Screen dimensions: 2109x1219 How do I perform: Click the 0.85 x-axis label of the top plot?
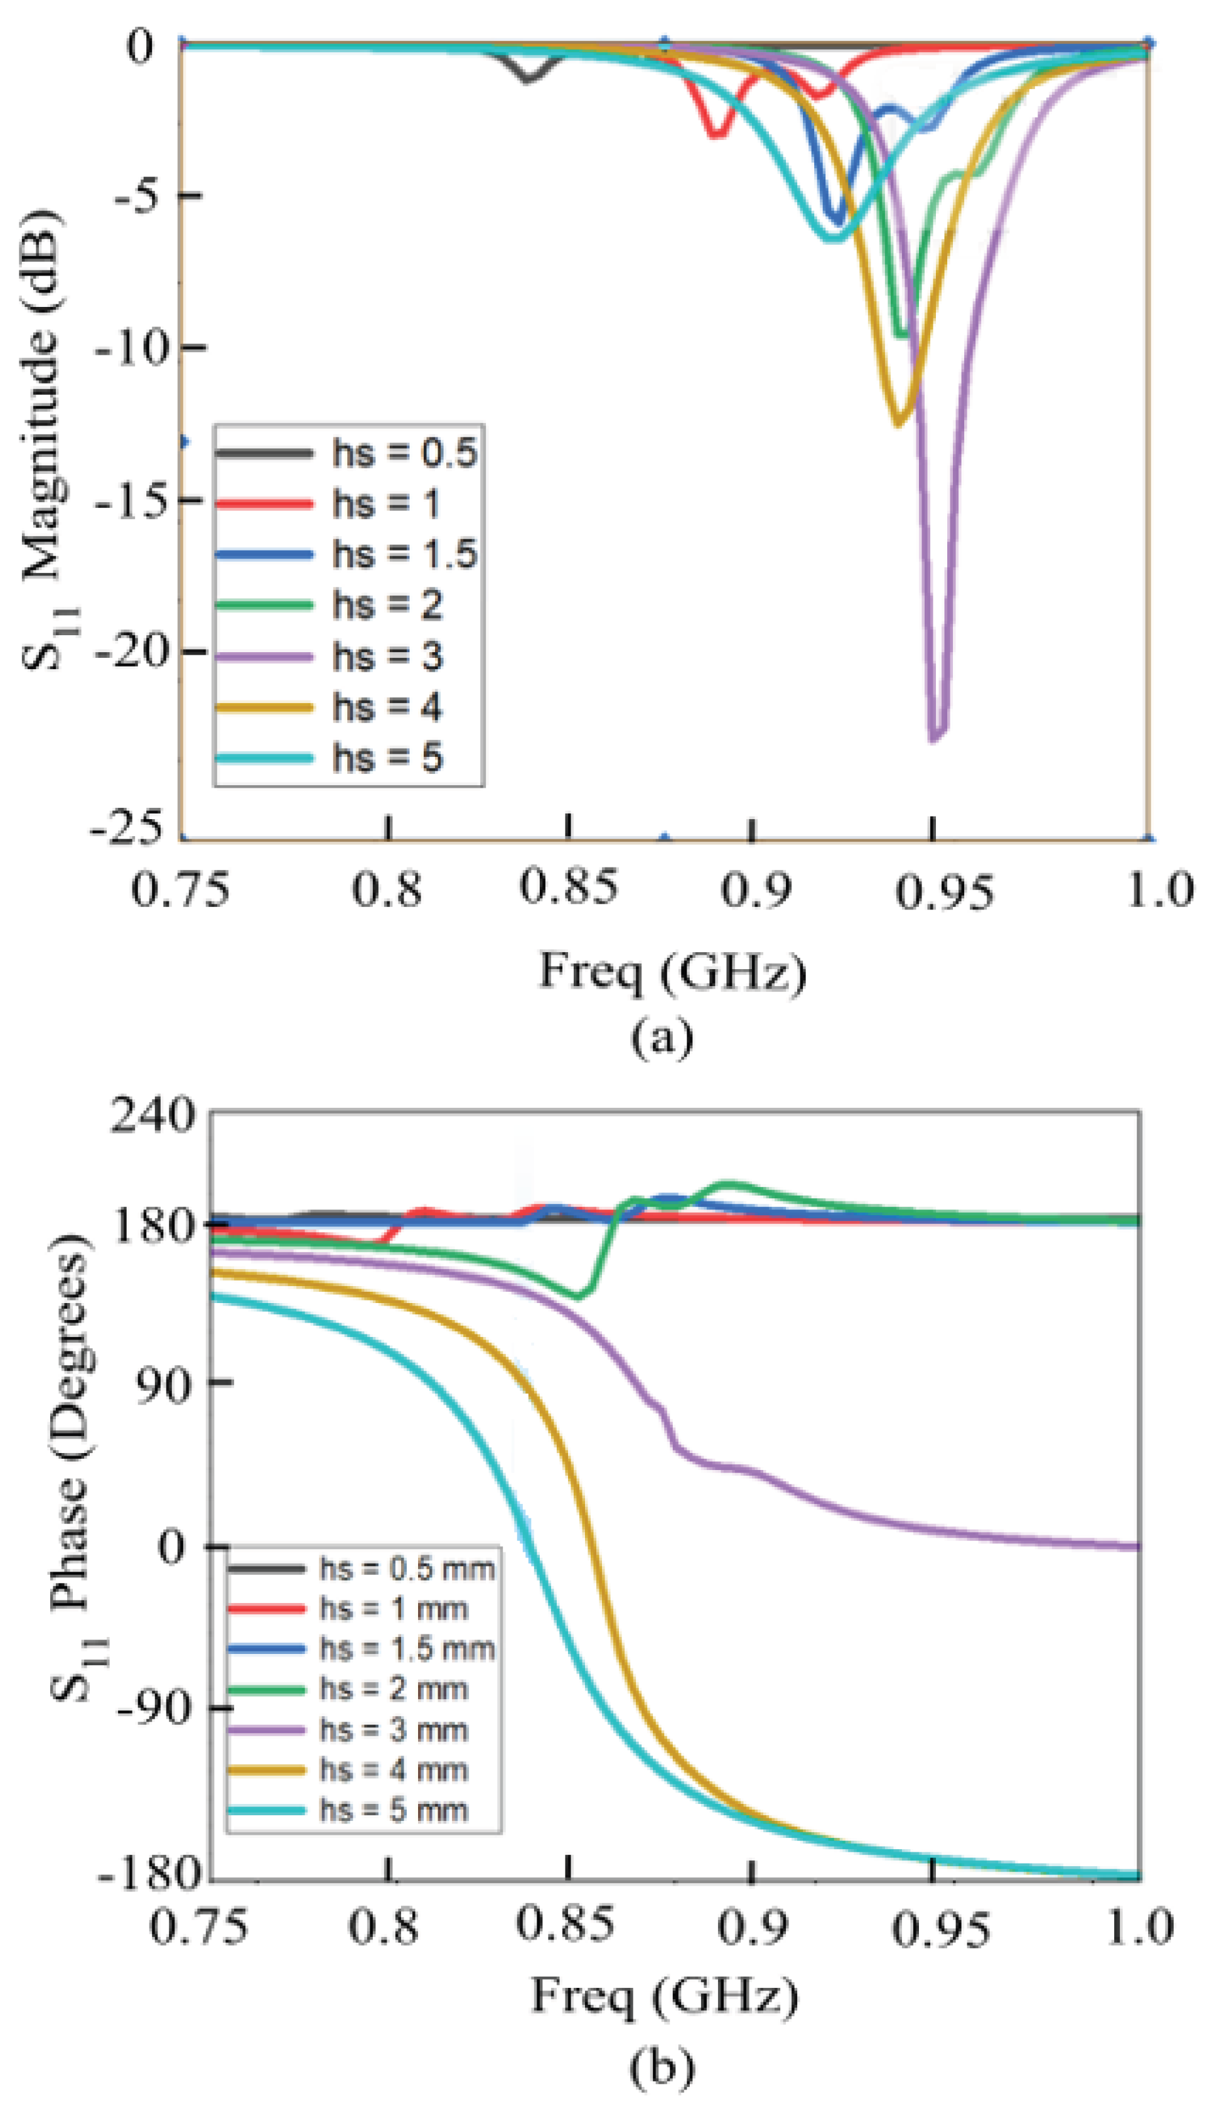point(569,887)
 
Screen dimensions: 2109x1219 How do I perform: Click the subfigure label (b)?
point(662,2073)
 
